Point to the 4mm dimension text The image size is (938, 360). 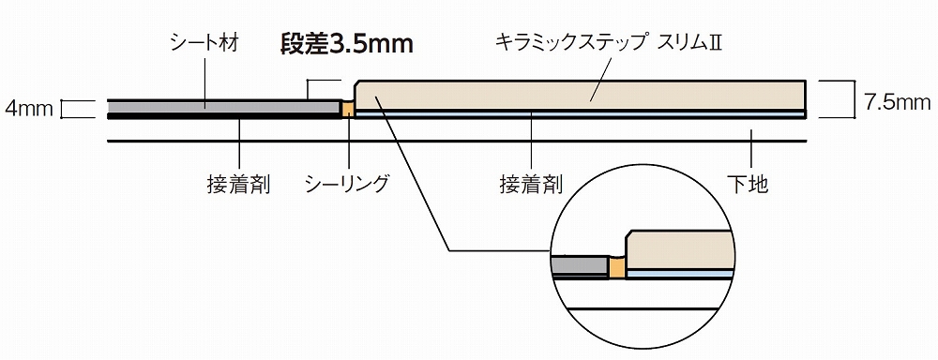28,109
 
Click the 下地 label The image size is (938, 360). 751,184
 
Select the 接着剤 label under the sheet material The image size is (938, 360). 238,184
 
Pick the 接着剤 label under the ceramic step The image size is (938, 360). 531,184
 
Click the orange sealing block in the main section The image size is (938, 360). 347,110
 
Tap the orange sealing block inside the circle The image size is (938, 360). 616,268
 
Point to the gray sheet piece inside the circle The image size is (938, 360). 582,267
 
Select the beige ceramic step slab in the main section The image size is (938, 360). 582,95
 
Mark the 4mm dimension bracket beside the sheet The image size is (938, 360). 67,109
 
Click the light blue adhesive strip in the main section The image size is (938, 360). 582,112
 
